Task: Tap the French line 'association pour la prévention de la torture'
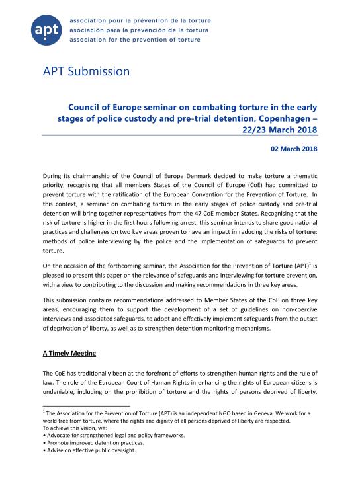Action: (x=144, y=20)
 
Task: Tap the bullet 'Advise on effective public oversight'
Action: (x=88, y=451)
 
